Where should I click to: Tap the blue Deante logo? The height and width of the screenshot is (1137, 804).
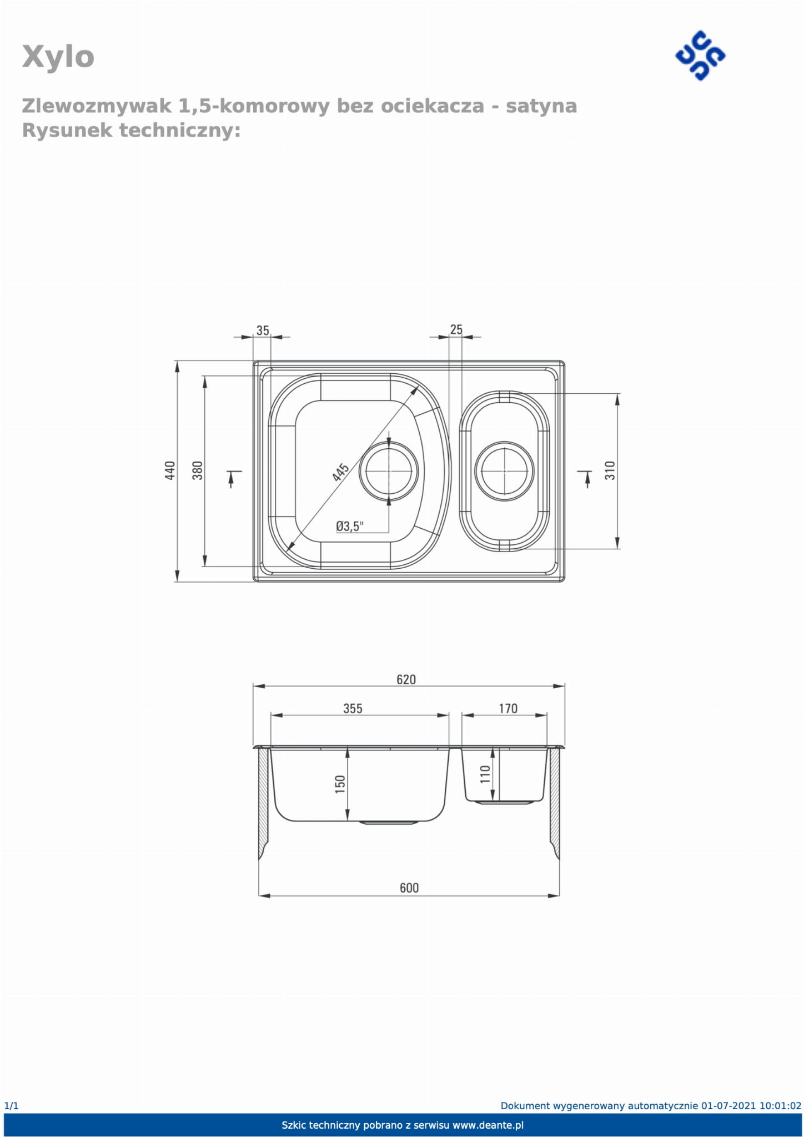point(700,56)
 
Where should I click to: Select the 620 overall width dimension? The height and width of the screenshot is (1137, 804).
point(406,679)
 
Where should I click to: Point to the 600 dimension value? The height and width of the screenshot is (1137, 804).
point(409,888)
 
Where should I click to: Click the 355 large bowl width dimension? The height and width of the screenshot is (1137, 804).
point(353,708)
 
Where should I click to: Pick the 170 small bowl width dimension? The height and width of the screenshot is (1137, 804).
point(508,708)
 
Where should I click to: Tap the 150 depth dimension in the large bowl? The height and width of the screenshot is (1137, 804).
point(340,784)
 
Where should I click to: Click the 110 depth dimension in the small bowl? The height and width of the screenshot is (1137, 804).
point(485,774)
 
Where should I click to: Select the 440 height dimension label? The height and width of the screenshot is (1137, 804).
point(170,470)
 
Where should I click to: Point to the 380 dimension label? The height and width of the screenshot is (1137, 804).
point(197,470)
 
